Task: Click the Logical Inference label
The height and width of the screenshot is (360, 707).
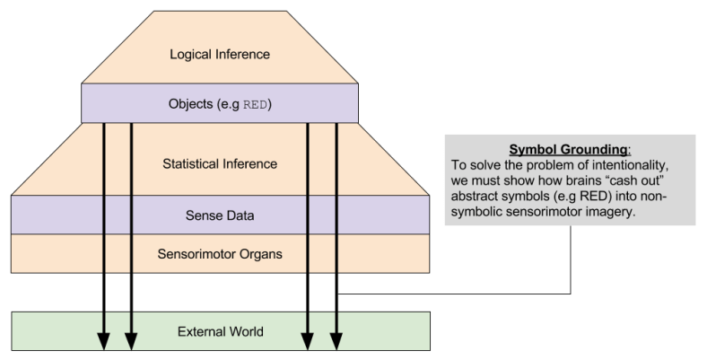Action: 220,55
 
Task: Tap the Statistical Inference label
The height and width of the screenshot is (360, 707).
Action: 220,164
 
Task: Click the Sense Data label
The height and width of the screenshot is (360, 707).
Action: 220,216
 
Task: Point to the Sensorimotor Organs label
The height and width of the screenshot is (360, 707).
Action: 220,254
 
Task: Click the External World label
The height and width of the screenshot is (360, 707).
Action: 220,331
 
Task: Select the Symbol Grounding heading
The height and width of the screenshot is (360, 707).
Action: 554,149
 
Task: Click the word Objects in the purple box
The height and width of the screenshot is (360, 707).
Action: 190,104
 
